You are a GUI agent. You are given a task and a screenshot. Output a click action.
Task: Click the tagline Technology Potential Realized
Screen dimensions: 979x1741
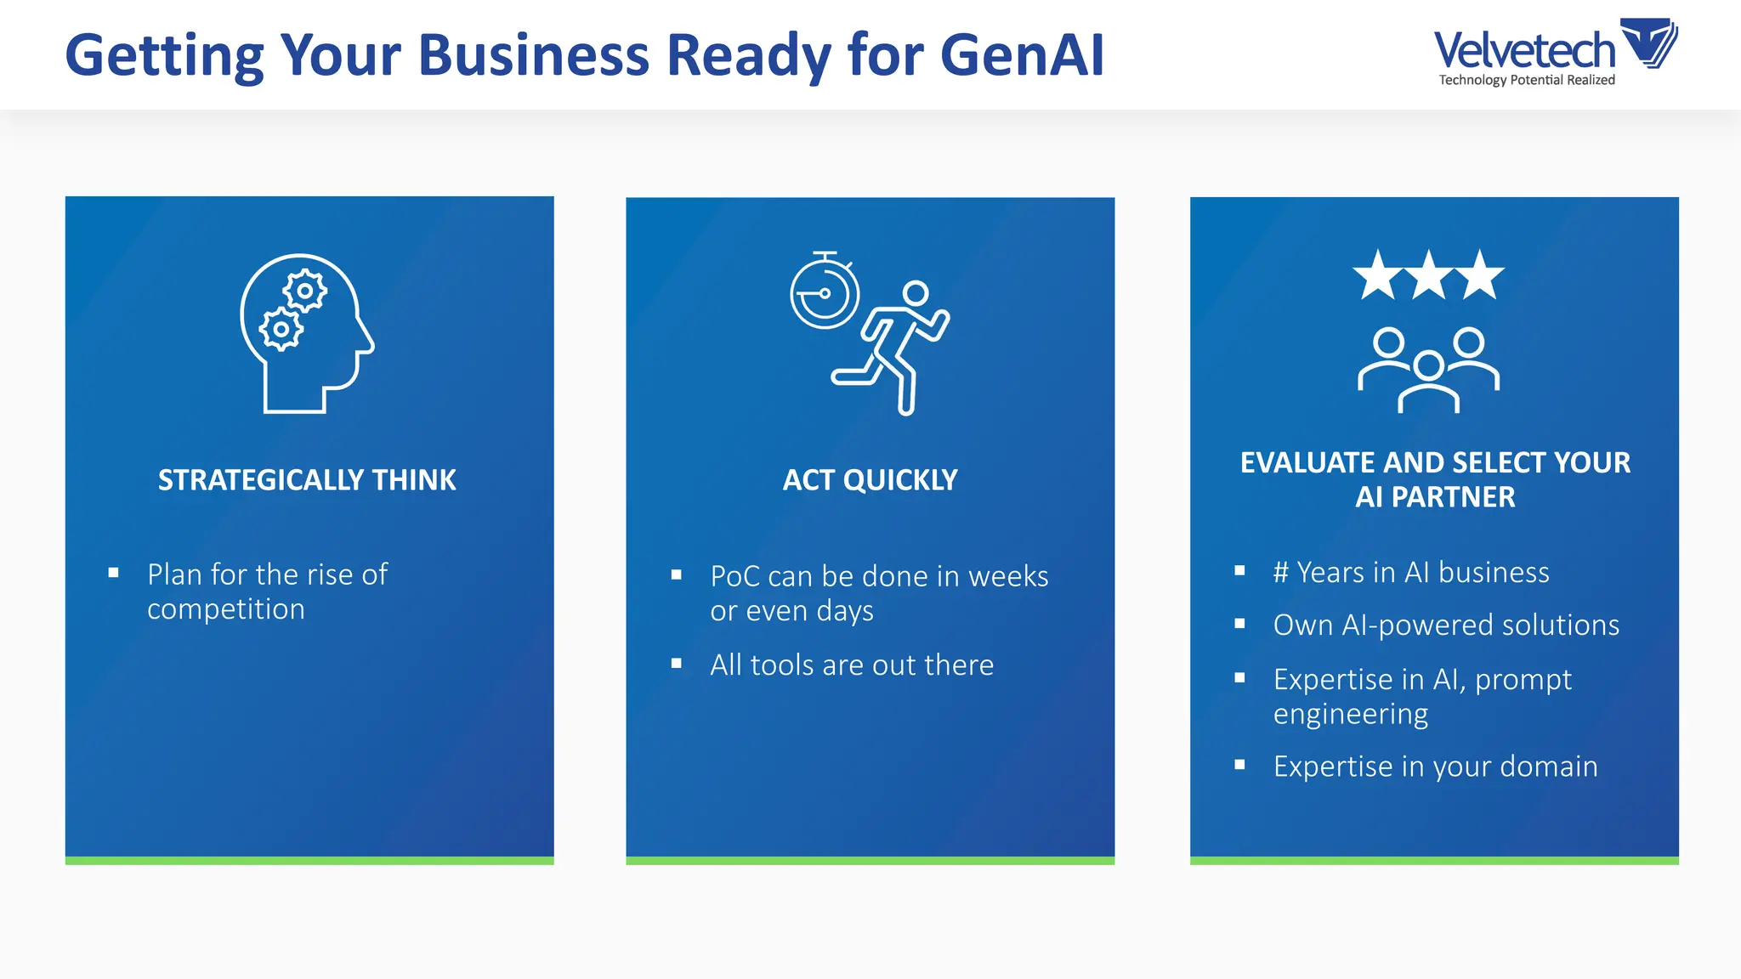click(1527, 80)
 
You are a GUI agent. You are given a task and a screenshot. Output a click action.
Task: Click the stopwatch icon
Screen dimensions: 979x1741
click(824, 291)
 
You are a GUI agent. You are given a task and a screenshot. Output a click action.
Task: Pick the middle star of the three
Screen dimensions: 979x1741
click(1429, 275)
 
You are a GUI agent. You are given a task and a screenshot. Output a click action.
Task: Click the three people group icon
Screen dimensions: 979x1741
click(1429, 370)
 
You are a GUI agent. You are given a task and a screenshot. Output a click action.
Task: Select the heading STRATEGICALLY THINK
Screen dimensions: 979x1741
click(307, 480)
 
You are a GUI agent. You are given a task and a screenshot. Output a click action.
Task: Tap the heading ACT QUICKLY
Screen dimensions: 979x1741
click(870, 480)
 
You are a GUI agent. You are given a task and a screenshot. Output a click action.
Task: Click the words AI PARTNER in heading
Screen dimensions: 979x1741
click(1435, 497)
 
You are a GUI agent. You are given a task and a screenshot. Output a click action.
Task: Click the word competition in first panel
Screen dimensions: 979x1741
click(226, 610)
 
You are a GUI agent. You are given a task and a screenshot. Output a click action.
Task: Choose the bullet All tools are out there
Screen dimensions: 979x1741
click(852, 665)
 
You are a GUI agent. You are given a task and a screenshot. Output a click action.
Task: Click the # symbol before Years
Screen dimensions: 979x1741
click(1281, 573)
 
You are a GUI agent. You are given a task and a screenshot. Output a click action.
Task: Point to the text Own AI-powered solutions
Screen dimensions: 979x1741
click(1446, 625)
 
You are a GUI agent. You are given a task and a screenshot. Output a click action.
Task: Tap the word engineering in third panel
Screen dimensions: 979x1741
click(1350, 715)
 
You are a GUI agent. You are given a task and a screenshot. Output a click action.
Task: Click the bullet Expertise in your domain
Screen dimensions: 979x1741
click(1435, 767)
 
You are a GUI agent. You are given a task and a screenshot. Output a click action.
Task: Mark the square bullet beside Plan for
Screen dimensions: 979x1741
click(113, 573)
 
